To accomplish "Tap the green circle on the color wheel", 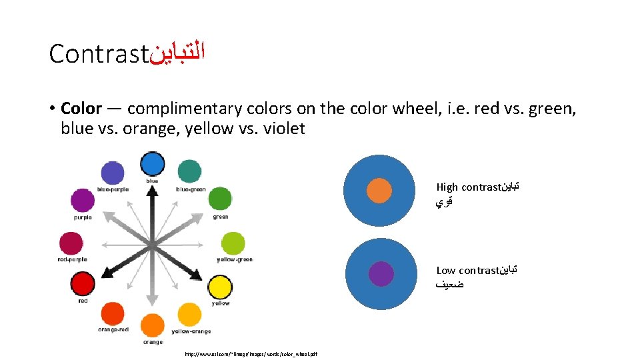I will coord(219,199).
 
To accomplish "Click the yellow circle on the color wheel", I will coord(219,287).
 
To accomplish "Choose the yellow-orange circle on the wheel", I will coord(190,315).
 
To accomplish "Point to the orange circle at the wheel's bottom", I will coord(152,326).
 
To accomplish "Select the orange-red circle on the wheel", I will coord(112,314).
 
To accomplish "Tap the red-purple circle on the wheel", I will coord(71,243).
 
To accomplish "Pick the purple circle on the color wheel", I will coord(83,200).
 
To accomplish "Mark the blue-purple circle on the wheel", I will coord(112,173).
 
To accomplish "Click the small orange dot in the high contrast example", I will coord(379,191).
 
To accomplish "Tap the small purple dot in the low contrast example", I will coord(381,274).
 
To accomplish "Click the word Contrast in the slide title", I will coord(97,54).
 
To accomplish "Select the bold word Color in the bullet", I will coord(81,109).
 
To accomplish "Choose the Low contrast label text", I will coord(467,271).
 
